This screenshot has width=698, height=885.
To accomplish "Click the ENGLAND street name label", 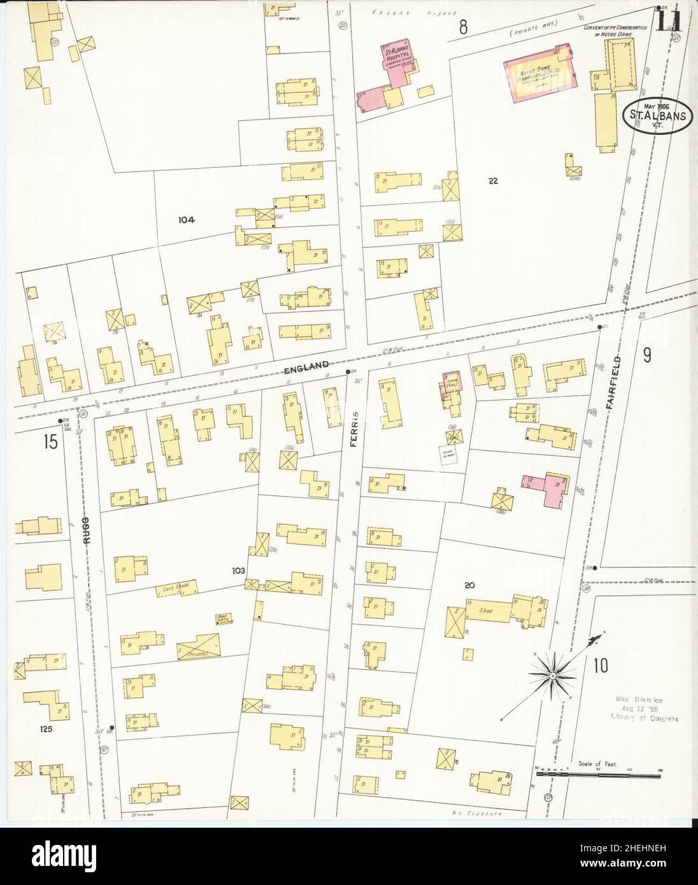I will pos(308,365).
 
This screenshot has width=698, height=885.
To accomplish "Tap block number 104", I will pos(186,220).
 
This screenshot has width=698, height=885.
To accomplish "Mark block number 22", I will pos(493,180).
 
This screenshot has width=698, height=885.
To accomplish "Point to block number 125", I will pos(45,728).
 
